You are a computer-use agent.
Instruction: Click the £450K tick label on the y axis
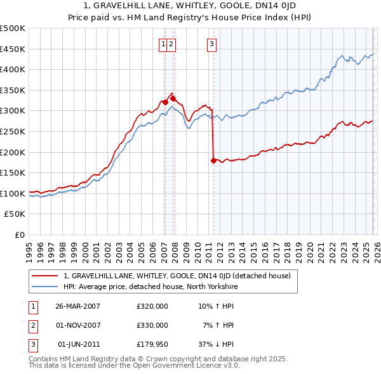click(x=13, y=49)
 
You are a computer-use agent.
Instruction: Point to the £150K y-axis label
click(x=13, y=172)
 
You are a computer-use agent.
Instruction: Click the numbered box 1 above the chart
click(x=164, y=44)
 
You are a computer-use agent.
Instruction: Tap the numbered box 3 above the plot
click(x=211, y=44)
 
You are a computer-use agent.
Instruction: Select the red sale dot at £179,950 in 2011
click(x=213, y=160)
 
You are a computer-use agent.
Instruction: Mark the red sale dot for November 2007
click(x=172, y=98)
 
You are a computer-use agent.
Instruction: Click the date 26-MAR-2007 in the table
click(x=78, y=306)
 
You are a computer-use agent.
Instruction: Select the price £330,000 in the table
click(x=152, y=325)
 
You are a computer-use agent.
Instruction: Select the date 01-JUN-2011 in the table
click(x=78, y=344)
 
